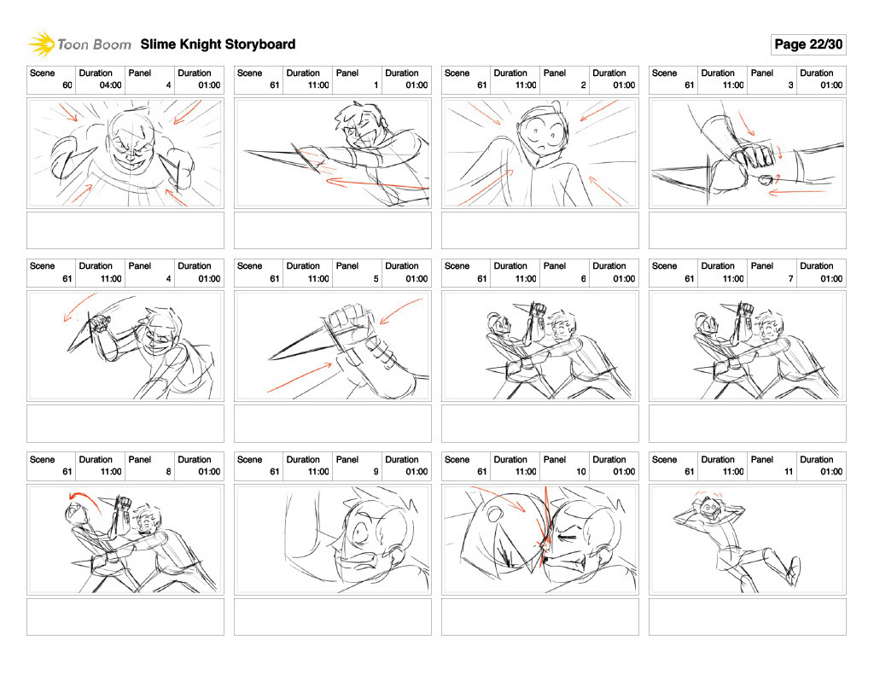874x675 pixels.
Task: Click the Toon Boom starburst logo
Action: [41, 44]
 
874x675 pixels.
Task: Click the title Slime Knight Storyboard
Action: [218, 44]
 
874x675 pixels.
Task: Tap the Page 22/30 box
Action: [808, 44]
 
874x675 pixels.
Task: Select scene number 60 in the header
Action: [67, 85]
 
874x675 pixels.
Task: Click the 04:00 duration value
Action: [110, 85]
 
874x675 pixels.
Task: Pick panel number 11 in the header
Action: [789, 472]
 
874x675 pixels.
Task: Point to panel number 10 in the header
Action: [580, 472]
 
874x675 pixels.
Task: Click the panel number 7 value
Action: [790, 279]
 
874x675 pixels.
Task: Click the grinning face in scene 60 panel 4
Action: [131, 143]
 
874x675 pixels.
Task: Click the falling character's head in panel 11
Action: [709, 509]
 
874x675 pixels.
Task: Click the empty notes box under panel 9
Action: [333, 616]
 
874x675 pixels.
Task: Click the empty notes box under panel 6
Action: [540, 423]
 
